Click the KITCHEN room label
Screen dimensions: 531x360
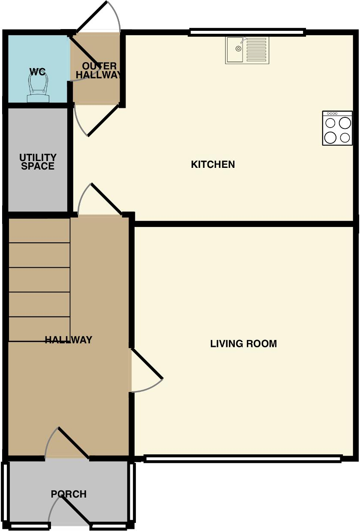213,164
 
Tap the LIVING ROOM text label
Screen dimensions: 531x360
243,343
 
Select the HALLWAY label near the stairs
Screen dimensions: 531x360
69,340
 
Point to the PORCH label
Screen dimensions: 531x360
69,494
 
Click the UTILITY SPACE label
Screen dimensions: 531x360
38,162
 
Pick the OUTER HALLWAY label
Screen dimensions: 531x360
99,71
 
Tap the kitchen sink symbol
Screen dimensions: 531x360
236,49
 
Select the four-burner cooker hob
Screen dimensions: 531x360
337,128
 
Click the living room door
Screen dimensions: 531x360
147,364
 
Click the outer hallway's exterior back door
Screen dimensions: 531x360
91,17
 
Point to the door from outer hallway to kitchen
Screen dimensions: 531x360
103,120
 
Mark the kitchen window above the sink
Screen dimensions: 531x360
247,32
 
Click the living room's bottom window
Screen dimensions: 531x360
243,459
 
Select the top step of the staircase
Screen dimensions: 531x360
39,231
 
